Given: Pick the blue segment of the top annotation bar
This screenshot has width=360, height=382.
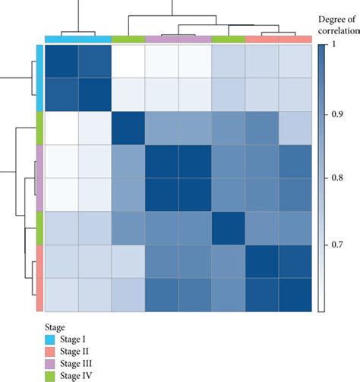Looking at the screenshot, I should point(78,39).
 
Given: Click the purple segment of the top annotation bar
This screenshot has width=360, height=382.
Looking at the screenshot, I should point(178,39).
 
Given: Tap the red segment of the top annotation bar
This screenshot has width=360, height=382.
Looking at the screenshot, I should point(278,39).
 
